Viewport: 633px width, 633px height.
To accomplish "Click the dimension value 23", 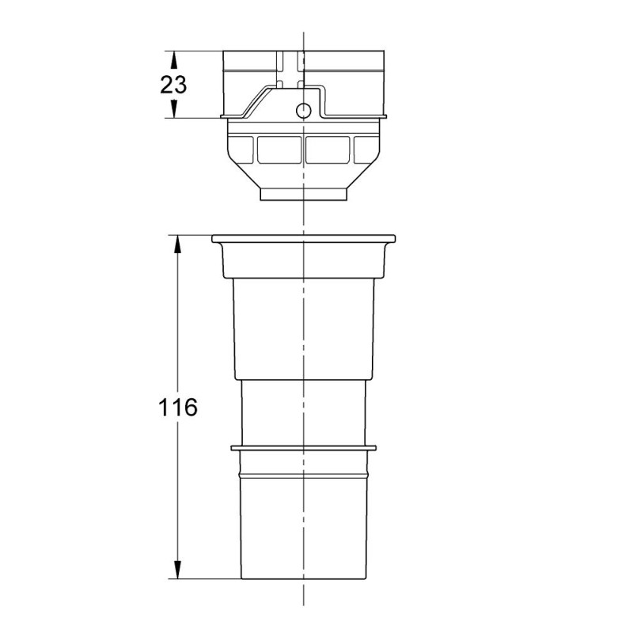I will click(x=173, y=85).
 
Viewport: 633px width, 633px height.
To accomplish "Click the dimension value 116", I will click(x=177, y=407).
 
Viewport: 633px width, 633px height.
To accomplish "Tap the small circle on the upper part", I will click(x=303, y=109).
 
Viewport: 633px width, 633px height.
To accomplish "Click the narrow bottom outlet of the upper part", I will click(x=303, y=195).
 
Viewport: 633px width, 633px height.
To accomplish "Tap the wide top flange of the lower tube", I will click(x=303, y=238).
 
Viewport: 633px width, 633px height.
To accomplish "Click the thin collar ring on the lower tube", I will click(x=303, y=449).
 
